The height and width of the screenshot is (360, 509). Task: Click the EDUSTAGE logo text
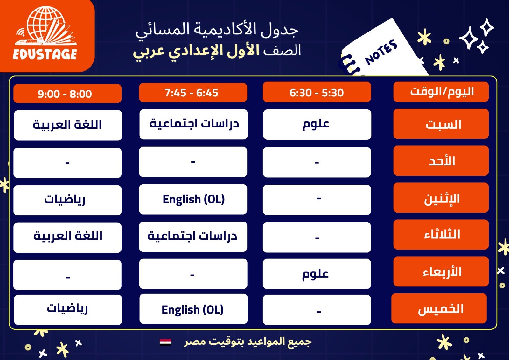(x=45, y=54)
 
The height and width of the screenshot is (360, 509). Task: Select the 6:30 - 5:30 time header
(x=317, y=92)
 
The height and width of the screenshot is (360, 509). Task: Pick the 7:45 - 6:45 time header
(x=193, y=92)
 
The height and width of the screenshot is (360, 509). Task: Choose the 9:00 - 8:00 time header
(x=67, y=94)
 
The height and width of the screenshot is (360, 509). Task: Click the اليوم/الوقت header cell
(x=441, y=92)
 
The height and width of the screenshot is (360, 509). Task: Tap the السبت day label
(x=441, y=124)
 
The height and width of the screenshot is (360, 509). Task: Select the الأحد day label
(x=441, y=161)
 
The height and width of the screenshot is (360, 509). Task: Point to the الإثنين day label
(x=441, y=198)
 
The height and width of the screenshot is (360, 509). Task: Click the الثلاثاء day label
(x=441, y=235)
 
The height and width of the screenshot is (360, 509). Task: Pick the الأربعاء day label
(x=441, y=272)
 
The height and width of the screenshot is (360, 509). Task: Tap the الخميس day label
(x=439, y=308)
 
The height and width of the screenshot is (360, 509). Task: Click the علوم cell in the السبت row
(x=317, y=124)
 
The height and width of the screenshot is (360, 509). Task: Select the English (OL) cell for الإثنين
(x=193, y=199)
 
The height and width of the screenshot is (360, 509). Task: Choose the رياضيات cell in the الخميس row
(x=68, y=310)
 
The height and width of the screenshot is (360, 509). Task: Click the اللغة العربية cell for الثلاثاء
(x=67, y=238)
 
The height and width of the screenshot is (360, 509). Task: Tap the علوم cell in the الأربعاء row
(x=317, y=274)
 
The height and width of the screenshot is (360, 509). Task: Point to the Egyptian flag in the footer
(x=165, y=342)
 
